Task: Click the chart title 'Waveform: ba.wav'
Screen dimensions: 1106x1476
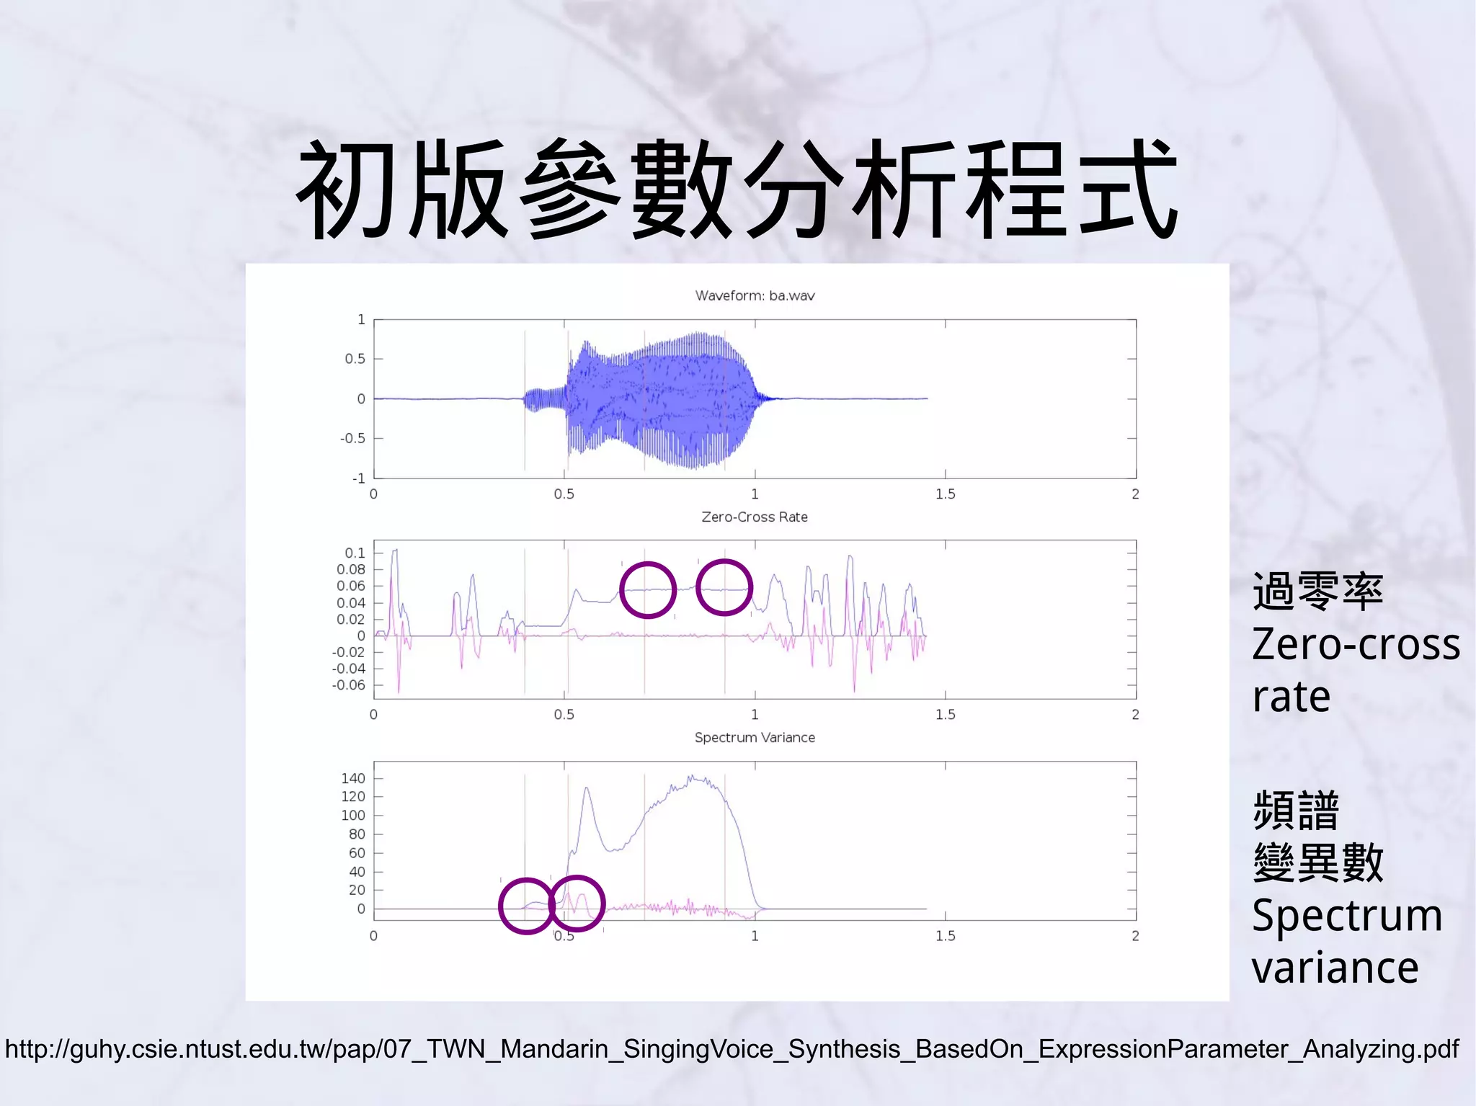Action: click(x=755, y=295)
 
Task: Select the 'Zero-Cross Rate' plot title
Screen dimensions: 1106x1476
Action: click(x=755, y=517)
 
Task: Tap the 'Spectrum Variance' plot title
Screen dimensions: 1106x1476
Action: click(x=755, y=737)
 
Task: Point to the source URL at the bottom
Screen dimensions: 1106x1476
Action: click(x=732, y=1048)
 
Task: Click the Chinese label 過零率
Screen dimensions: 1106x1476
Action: click(x=1317, y=592)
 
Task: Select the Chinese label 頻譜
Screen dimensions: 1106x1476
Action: click(x=1296, y=810)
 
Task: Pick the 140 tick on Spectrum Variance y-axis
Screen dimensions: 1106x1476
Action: click(x=353, y=778)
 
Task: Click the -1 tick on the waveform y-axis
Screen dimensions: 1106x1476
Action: click(x=358, y=478)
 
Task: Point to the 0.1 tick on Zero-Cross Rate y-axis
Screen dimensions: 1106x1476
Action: click(x=355, y=553)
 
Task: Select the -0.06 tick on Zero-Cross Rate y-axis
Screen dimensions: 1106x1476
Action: click(x=349, y=684)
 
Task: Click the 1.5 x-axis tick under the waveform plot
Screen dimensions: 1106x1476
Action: click(x=945, y=494)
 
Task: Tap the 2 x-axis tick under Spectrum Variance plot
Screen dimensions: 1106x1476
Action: click(x=1135, y=935)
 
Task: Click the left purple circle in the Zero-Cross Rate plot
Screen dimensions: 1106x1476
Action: click(x=647, y=590)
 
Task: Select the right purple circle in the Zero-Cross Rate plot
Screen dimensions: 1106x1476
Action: click(x=724, y=588)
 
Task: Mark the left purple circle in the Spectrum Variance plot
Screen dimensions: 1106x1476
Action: click(x=527, y=906)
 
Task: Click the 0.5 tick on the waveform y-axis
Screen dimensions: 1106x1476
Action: click(x=355, y=359)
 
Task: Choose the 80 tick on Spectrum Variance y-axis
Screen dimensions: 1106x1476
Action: click(x=357, y=834)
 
